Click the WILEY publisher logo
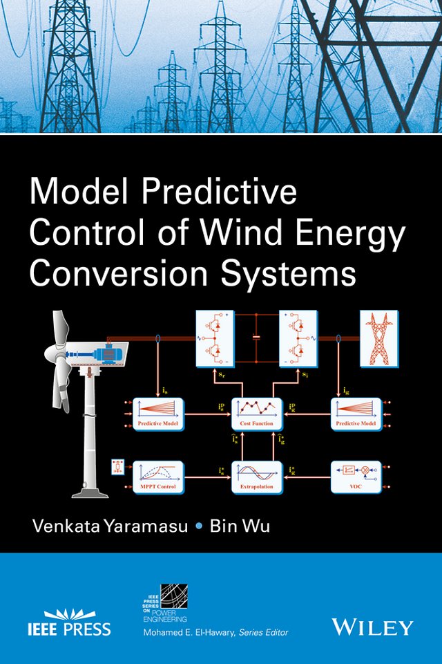(372, 627)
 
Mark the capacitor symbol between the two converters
(256, 338)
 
